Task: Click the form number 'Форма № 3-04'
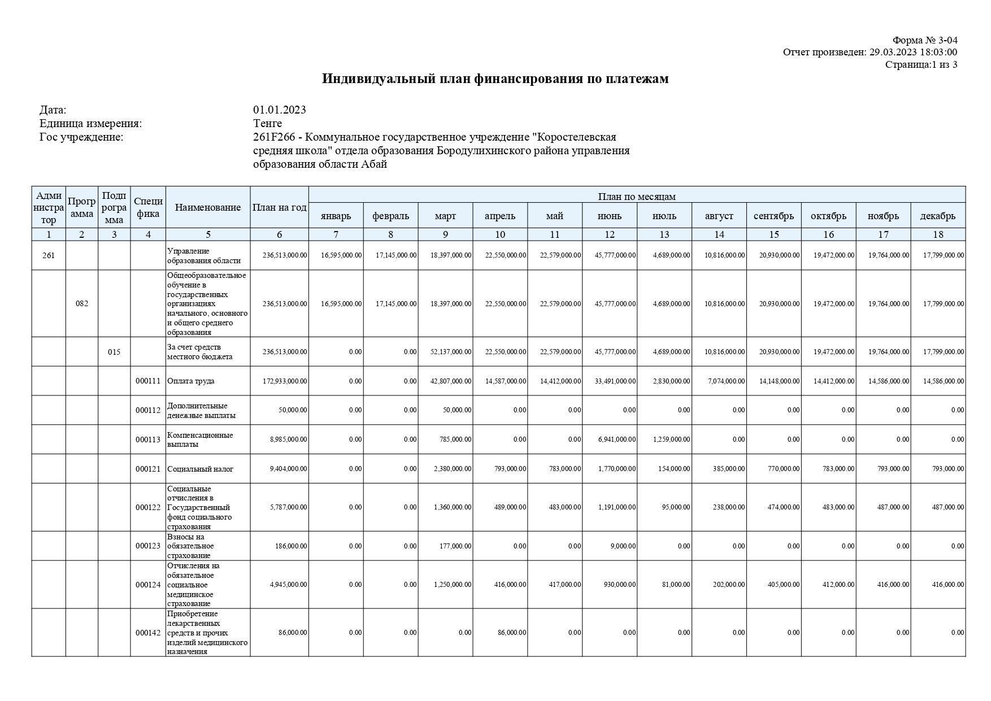924,40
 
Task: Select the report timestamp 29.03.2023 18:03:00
913,53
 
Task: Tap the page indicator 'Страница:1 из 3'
921,64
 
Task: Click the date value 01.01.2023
280,110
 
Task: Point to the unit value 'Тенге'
267,123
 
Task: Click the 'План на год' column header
279,207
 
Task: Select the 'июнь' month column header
609,216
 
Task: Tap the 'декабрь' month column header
937,216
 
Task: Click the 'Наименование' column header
207,207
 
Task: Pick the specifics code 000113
148,439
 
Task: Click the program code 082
82,303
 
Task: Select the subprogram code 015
114,352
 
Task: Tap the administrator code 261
49,255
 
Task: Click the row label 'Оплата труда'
190,381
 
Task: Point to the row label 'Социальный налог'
200,469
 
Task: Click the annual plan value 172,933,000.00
285,381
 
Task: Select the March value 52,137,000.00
450,352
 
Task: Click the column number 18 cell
937,234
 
